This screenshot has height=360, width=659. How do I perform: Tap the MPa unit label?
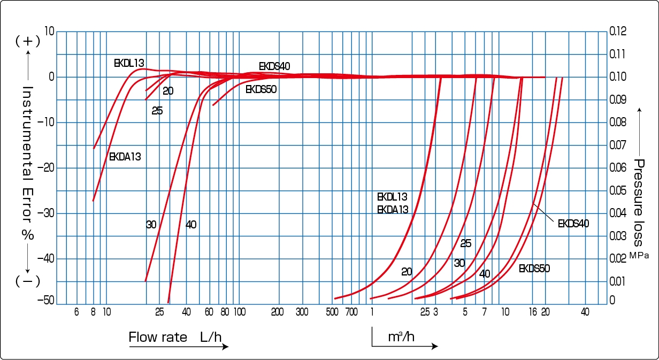[639, 256]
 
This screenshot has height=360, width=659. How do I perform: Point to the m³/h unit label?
[401, 336]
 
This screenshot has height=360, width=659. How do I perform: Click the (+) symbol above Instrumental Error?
[28, 41]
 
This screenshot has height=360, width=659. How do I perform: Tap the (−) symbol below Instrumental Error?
[28, 281]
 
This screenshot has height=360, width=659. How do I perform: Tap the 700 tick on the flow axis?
[351, 312]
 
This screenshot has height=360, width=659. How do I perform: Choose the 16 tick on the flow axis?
[532, 312]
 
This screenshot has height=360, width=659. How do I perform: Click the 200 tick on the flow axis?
[277, 312]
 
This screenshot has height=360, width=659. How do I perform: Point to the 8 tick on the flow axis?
[94, 312]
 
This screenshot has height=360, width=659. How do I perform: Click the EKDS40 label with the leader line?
[573, 224]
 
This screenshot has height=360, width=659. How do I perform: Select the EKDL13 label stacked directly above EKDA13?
[392, 197]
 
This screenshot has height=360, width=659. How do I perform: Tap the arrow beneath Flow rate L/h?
[179, 347]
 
